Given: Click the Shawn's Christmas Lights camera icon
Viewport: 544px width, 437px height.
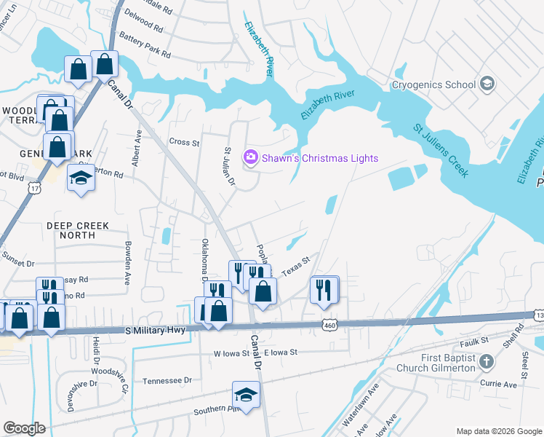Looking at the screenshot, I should coord(251,157).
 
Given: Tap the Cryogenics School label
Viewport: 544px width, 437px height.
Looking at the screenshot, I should coord(433,84).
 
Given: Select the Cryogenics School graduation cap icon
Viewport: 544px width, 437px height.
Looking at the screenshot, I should coord(487,84).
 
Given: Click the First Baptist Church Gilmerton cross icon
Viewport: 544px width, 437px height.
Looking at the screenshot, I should coord(487,362).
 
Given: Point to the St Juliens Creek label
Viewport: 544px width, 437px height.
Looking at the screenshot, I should coord(440,150).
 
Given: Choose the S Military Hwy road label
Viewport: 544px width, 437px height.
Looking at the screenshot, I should coord(156,331).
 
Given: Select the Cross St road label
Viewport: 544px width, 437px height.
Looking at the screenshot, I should coord(184,142).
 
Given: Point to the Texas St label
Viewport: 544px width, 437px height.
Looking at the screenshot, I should coord(296,264).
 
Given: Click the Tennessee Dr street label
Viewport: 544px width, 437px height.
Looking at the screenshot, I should coord(167,380).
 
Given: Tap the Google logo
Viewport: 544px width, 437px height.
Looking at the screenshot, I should coord(24,428).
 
